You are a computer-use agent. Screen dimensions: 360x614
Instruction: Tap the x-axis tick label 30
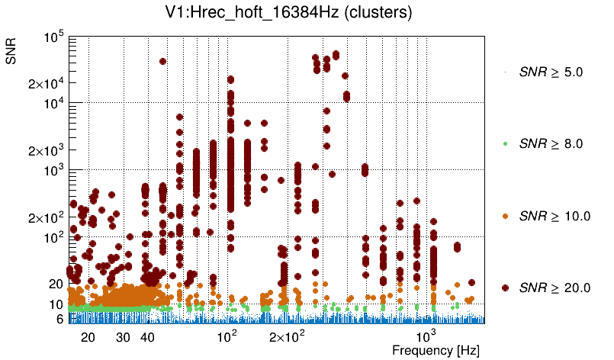tap(123, 337)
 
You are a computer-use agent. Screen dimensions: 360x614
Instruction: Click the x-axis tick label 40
tap(148, 337)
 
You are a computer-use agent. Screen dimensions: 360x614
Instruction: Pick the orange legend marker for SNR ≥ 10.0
tap(506, 216)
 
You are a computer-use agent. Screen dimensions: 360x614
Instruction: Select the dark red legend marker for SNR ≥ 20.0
tap(506, 288)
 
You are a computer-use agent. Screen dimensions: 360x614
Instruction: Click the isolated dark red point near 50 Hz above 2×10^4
tap(162, 62)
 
